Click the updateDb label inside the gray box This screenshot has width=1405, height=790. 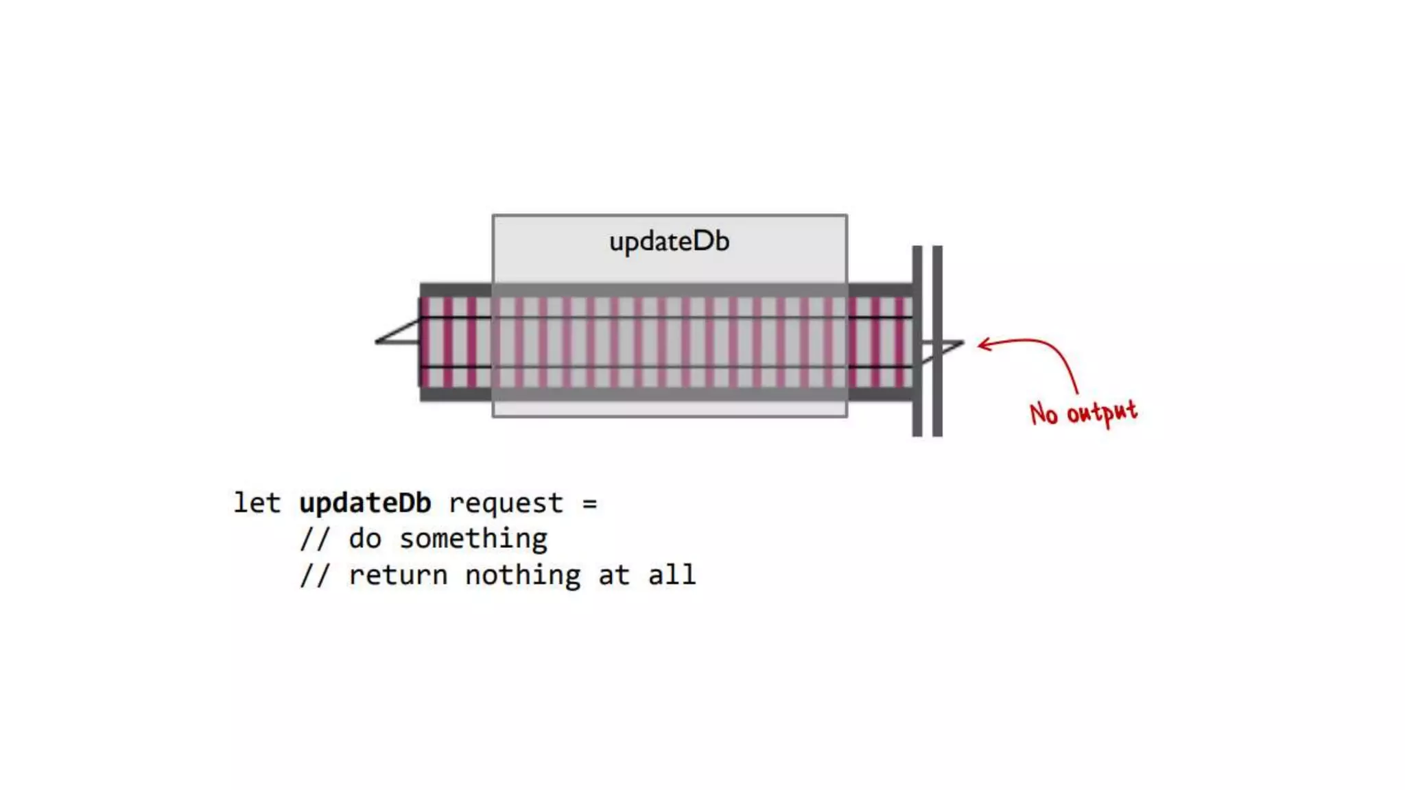[x=669, y=242]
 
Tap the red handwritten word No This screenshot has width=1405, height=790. [x=1043, y=414]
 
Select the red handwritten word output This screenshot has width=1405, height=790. [x=1102, y=412]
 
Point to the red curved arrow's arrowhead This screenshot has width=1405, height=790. [x=982, y=344]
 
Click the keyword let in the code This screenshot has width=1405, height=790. [x=257, y=503]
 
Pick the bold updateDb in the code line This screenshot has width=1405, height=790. [x=365, y=503]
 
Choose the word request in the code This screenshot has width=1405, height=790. [x=506, y=503]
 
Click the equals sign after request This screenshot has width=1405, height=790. [x=589, y=504]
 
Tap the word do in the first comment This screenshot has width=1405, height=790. [x=364, y=539]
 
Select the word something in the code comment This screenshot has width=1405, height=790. [x=473, y=539]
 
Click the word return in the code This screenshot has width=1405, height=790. [x=398, y=575]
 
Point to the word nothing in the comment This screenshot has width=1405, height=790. [x=523, y=575]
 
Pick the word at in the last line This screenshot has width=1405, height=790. [x=613, y=575]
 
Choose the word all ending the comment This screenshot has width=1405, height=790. [x=672, y=575]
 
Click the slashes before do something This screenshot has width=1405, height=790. [x=315, y=539]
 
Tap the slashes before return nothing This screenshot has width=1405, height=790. [x=315, y=575]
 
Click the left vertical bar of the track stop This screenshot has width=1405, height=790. [x=917, y=341]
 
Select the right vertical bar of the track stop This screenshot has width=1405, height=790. [x=937, y=341]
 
